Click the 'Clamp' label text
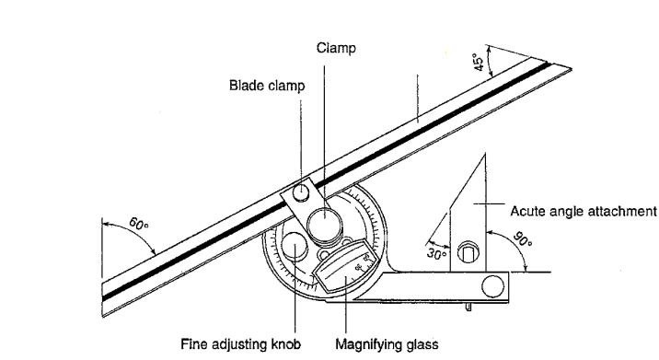click(x=336, y=48)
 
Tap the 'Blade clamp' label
click(x=267, y=86)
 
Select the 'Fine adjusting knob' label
click(x=241, y=344)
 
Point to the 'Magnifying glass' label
click(x=387, y=344)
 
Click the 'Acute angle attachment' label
click(x=584, y=211)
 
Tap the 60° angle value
click(x=139, y=224)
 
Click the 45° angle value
click(x=480, y=62)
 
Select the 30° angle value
click(x=436, y=254)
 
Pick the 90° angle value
click(x=523, y=238)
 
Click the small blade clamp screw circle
click(x=301, y=193)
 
